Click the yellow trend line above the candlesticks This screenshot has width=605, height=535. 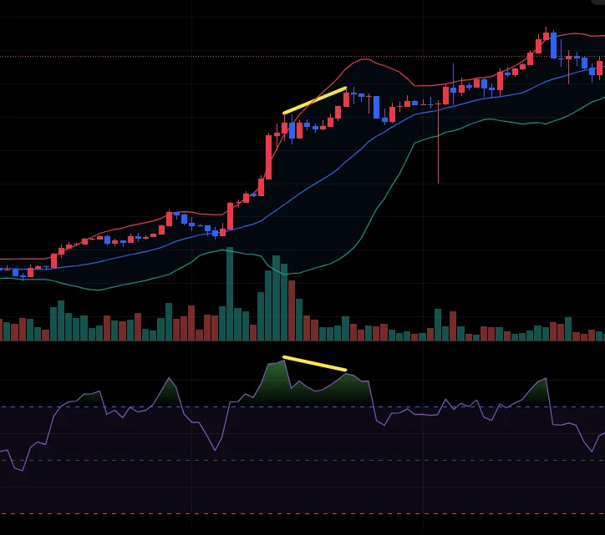(314, 100)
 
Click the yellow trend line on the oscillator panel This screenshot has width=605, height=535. (314, 363)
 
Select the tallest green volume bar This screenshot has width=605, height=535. (229, 294)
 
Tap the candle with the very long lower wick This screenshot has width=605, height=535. (438, 125)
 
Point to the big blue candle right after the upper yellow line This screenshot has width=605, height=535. (376, 107)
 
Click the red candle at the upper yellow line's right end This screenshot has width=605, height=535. (346, 98)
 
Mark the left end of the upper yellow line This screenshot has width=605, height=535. (284, 112)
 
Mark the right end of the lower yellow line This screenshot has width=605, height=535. (345, 369)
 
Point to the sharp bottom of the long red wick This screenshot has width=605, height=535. (438, 183)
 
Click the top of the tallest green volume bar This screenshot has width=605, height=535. (229, 249)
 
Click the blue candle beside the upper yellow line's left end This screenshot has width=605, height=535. (292, 131)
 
